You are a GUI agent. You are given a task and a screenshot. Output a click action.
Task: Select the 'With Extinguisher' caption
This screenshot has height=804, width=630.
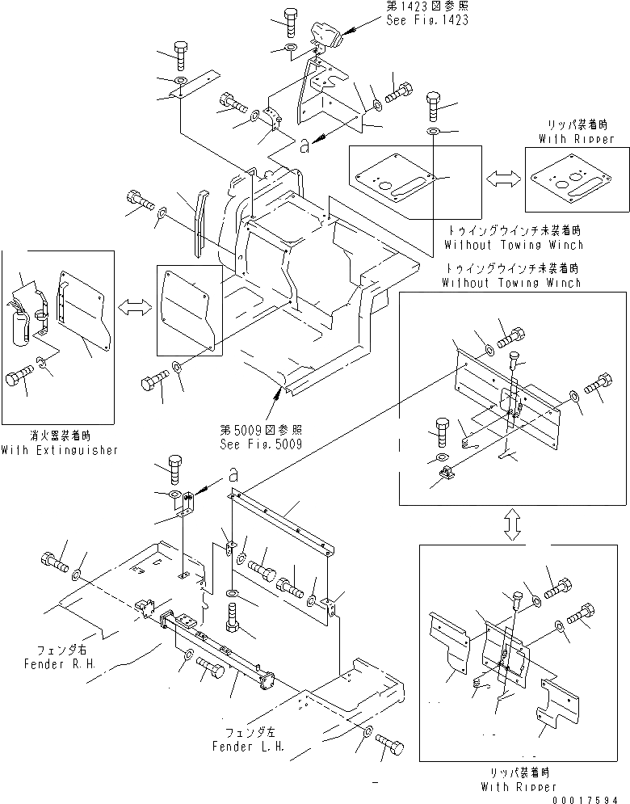pyautogui.click(x=60, y=449)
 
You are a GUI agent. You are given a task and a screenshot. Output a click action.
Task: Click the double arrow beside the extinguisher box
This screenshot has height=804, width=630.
pyautogui.click(x=135, y=308)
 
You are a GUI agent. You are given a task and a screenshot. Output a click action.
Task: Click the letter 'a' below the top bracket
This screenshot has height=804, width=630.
pyautogui.click(x=303, y=146)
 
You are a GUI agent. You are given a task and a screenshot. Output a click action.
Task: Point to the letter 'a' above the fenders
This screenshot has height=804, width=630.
pyautogui.click(x=232, y=474)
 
